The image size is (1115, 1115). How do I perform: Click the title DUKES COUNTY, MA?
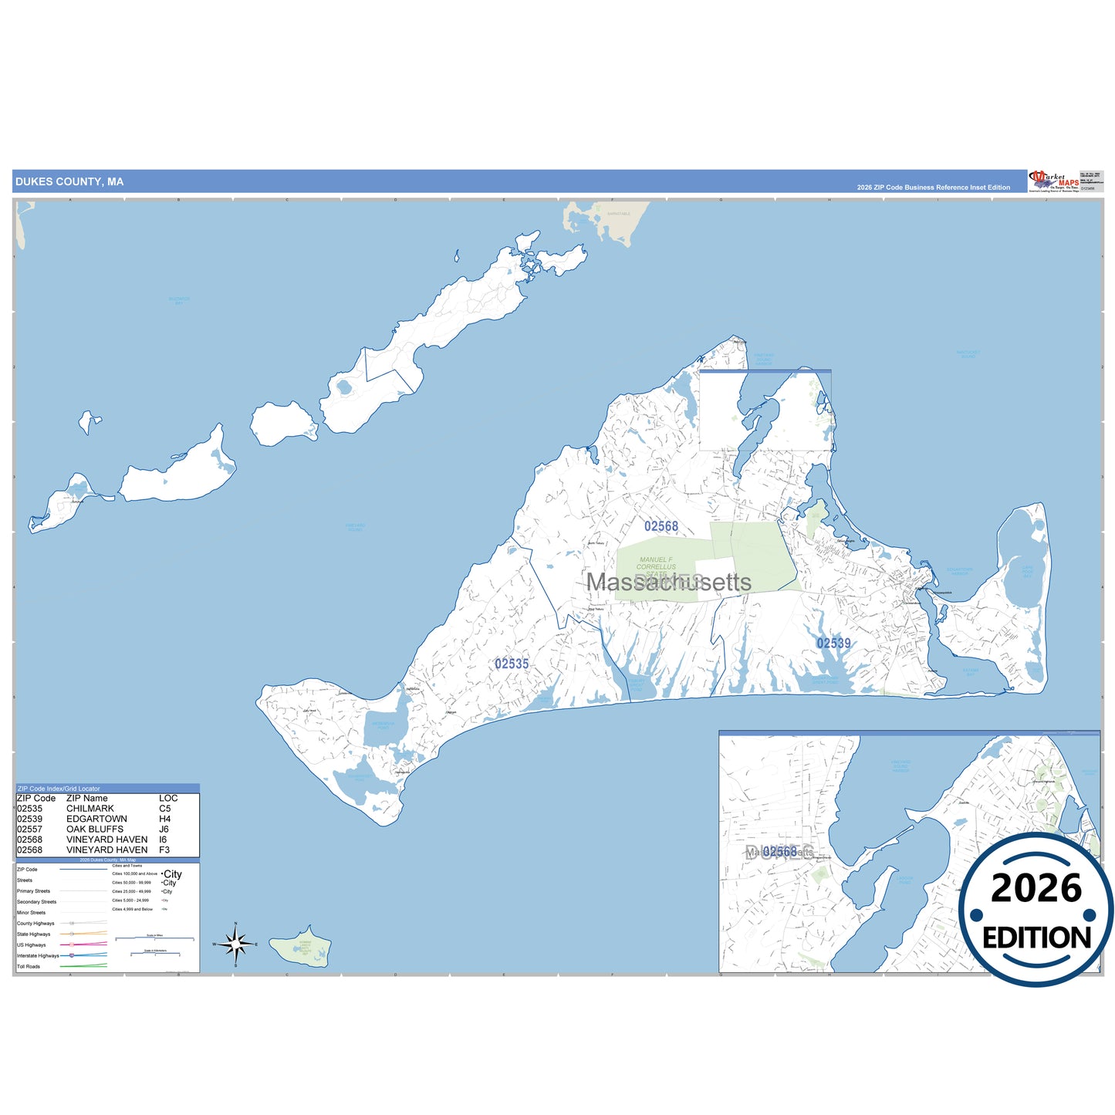point(69,182)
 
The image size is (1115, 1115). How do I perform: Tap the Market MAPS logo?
point(1053,181)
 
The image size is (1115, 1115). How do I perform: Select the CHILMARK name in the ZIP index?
point(90,809)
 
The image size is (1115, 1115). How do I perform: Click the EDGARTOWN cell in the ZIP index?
point(96,819)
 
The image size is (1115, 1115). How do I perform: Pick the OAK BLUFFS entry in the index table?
point(95,829)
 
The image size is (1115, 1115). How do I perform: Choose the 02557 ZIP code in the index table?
point(30,829)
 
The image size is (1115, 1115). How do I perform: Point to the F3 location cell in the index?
point(164,850)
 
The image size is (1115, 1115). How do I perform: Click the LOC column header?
point(168,799)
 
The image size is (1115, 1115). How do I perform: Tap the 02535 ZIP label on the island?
point(512,664)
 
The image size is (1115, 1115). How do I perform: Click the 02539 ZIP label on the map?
point(833,644)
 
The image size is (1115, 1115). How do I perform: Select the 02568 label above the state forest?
point(661,526)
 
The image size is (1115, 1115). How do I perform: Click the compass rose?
point(235,944)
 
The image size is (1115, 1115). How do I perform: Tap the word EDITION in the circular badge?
point(1036,938)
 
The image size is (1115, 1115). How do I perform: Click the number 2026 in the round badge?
point(1036,888)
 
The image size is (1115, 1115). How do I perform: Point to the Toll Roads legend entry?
point(29,966)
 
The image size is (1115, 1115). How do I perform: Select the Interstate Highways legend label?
point(38,955)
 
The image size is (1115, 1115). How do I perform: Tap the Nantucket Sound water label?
point(968,354)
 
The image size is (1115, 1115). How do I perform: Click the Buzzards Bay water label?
point(179,301)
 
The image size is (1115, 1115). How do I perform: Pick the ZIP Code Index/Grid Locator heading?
point(59,789)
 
